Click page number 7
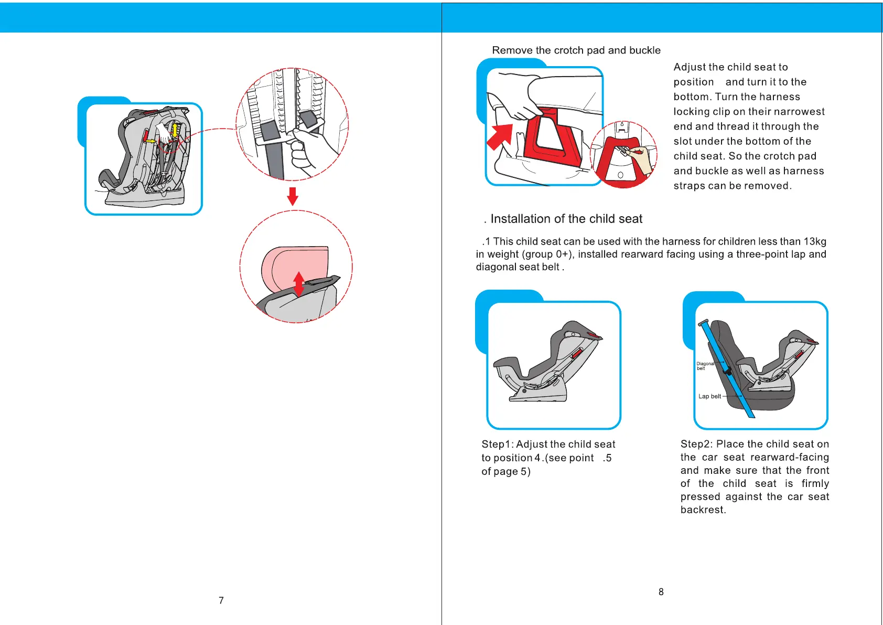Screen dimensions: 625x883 click(221, 600)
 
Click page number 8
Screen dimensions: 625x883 click(661, 592)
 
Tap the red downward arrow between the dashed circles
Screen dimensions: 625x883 click(293, 196)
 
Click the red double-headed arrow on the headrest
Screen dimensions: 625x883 click(298, 284)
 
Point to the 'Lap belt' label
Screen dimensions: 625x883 click(709, 396)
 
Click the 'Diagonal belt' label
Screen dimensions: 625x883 click(704, 366)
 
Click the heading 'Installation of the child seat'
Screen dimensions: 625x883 click(566, 219)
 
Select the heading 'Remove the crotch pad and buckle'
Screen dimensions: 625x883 click(576, 50)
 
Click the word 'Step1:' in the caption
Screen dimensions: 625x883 click(497, 444)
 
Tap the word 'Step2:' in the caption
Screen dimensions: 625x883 click(696, 444)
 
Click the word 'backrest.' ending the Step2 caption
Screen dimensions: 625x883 click(703, 510)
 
